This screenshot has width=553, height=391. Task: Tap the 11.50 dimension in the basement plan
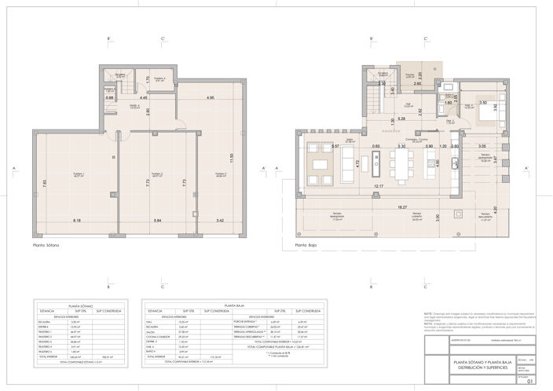tap(231, 157)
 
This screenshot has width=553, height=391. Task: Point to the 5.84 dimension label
tap(157, 221)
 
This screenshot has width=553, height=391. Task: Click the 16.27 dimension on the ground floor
tap(402, 207)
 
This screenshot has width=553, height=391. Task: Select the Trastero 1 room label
tap(79, 174)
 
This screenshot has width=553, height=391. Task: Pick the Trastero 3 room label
tap(219, 174)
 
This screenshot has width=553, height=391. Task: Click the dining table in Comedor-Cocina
tap(401, 164)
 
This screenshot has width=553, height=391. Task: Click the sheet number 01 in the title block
tap(530, 382)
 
